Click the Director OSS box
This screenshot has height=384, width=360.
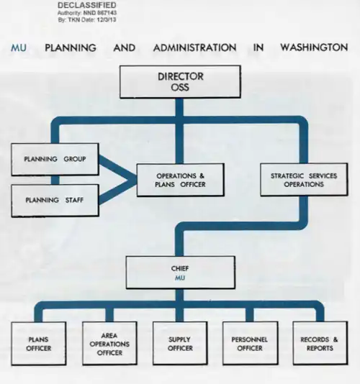tap(180, 82)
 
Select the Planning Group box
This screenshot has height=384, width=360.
tap(55, 159)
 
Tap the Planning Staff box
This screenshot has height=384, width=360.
tap(55, 201)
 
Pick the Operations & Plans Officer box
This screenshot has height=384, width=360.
tap(181, 180)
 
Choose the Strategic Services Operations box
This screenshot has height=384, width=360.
tap(304, 180)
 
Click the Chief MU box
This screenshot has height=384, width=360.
tap(181, 273)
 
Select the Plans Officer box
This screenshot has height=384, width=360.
tap(39, 343)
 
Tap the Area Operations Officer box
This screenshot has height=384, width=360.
tap(109, 343)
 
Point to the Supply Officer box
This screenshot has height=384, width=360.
tap(180, 343)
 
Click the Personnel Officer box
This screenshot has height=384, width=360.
tap(251, 343)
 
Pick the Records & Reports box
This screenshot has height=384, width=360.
tap(320, 343)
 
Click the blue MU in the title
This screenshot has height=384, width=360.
tap(19, 47)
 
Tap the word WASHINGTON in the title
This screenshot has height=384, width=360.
tap(314, 47)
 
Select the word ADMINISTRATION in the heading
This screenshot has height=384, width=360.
tap(194, 47)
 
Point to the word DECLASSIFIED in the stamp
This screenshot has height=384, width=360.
tap(87, 5)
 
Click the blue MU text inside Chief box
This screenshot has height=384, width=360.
tap(180, 278)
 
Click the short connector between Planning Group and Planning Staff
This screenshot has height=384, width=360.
tap(55, 180)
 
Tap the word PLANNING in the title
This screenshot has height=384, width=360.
tap(71, 47)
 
